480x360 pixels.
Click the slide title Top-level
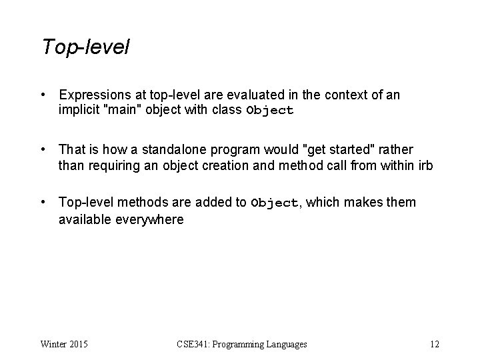[85, 47]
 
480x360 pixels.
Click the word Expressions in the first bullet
[92, 95]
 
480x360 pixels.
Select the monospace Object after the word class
[270, 111]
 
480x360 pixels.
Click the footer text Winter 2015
[64, 344]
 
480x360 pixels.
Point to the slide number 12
[435, 344]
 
